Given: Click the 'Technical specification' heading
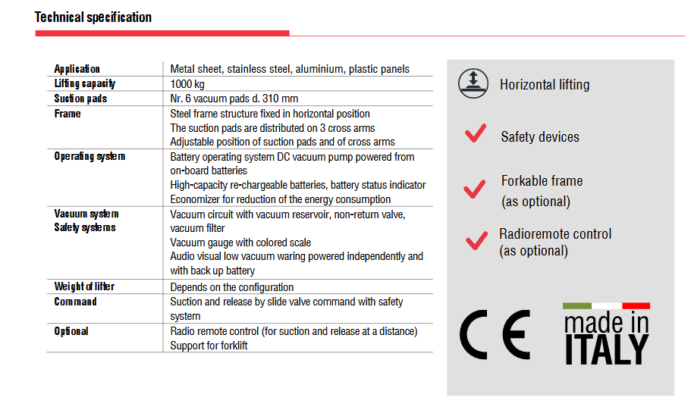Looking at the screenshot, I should click(x=93, y=17).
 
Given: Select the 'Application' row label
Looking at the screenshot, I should click(x=77, y=69).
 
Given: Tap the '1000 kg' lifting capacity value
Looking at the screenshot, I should click(x=187, y=84).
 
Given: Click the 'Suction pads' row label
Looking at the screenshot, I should click(x=80, y=99).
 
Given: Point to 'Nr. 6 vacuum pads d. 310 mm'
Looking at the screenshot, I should click(x=234, y=99).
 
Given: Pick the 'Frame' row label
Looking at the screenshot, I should click(x=68, y=114).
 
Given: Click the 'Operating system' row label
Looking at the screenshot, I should click(x=90, y=156).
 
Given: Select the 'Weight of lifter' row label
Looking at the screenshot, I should click(x=84, y=286).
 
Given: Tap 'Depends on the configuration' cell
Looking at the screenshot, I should click(x=232, y=287).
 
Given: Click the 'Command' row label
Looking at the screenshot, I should click(x=75, y=302).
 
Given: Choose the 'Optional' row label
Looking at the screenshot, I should click(x=71, y=331).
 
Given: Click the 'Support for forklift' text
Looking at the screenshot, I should click(x=209, y=346).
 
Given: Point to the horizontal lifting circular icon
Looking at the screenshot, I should click(x=473, y=83).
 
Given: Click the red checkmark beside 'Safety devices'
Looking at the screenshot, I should click(x=476, y=134).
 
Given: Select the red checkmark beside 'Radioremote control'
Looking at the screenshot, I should click(x=476, y=240).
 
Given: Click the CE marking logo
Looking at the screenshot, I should click(x=495, y=334).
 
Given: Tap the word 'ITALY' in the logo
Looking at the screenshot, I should click(x=606, y=349).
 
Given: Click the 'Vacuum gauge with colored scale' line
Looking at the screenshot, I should click(x=240, y=243).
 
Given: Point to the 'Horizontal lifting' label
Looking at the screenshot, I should click(x=545, y=84).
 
